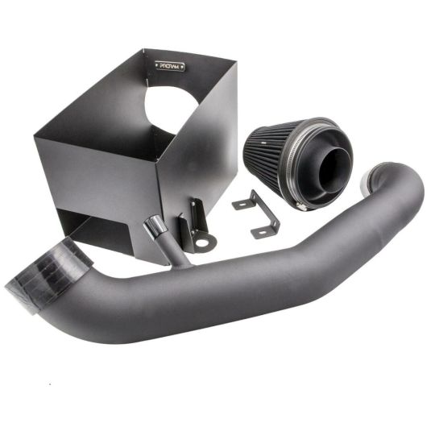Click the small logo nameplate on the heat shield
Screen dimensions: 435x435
[171, 65]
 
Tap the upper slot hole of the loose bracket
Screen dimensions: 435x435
[242, 204]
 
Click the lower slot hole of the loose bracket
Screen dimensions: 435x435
[263, 231]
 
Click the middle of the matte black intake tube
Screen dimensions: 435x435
[242, 274]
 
